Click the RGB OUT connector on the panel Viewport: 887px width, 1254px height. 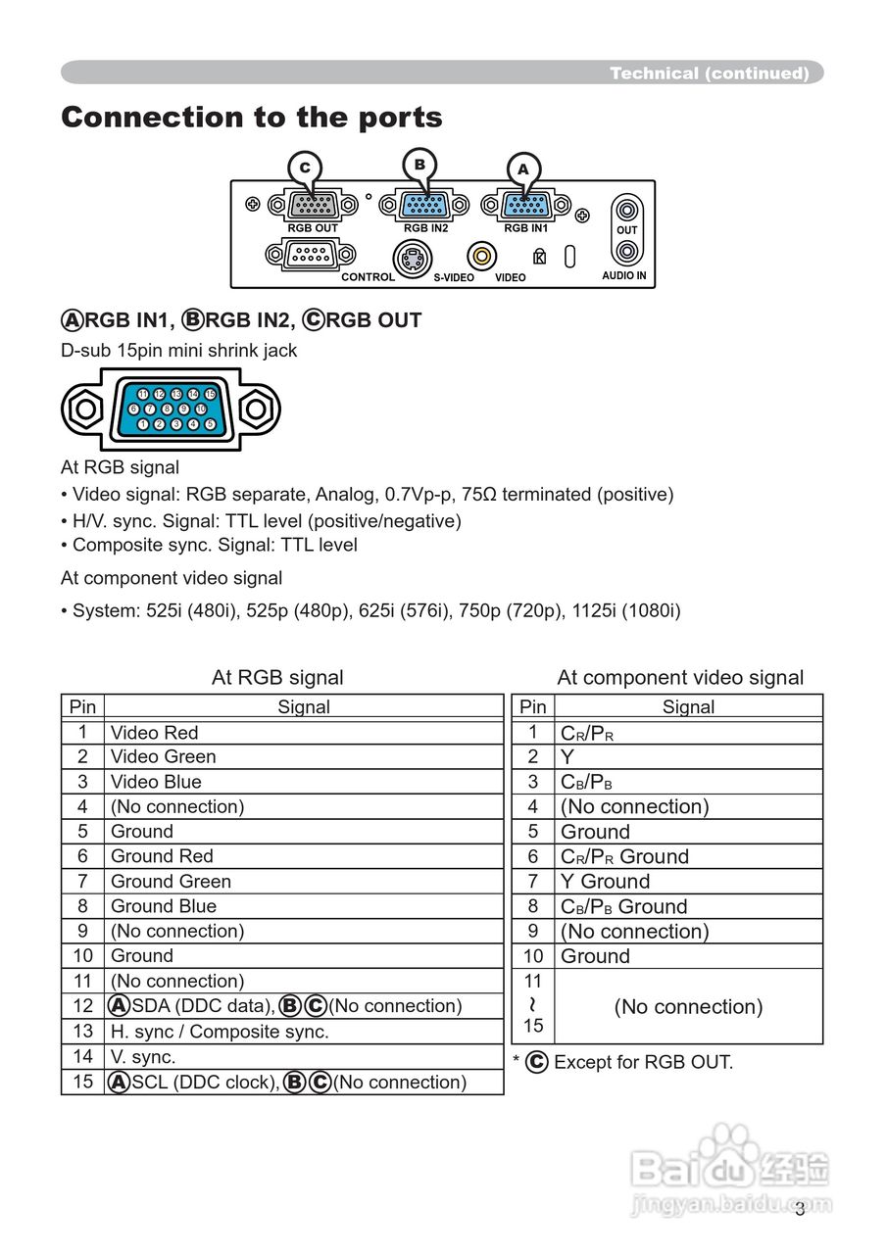click(313, 206)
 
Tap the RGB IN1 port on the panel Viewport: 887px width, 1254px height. click(526, 206)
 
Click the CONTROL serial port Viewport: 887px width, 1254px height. click(311, 256)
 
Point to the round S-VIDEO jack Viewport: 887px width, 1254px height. click(413, 260)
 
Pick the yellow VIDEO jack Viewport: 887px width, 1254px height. click(481, 257)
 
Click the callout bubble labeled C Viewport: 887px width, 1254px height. click(305, 168)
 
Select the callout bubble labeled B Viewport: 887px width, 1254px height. click(419, 164)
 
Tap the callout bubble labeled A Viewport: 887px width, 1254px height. click(523, 169)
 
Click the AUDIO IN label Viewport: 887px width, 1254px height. click(624, 276)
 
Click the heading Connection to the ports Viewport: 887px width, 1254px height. click(252, 118)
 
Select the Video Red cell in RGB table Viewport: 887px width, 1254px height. click(154, 732)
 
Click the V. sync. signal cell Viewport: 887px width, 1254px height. click(143, 1056)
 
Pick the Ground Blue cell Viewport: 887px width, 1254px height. click(163, 906)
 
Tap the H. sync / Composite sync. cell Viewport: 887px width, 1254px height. click(220, 1032)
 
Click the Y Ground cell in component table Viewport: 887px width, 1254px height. click(605, 881)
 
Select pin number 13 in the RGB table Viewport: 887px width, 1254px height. click(82, 1032)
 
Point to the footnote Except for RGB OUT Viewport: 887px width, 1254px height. click(642, 1062)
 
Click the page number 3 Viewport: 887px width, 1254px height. click(800, 1209)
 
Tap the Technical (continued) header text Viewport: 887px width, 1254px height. click(709, 73)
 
